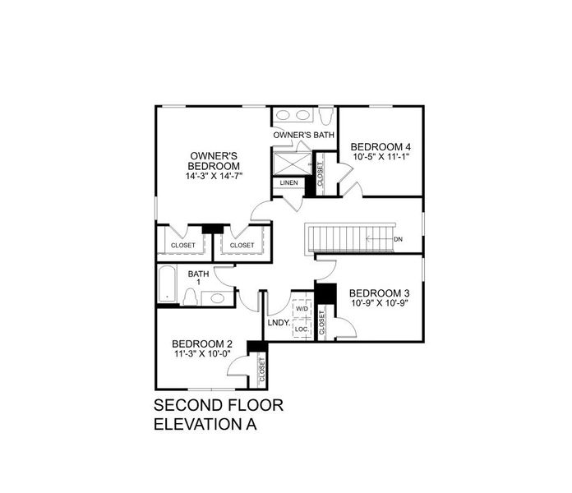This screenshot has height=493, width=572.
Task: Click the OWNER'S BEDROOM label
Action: pyautogui.click(x=214, y=160)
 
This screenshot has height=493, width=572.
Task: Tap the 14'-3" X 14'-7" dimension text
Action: pyautogui.click(x=214, y=176)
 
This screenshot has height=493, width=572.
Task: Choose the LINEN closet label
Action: pyautogui.click(x=288, y=182)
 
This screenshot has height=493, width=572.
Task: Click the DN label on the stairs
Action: pyautogui.click(x=398, y=239)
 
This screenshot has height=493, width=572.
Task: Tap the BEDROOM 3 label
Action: pyautogui.click(x=379, y=293)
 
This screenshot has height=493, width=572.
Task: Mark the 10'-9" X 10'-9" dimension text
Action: pyautogui.click(x=379, y=303)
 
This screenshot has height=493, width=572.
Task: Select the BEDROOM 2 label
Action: pyautogui.click(x=202, y=344)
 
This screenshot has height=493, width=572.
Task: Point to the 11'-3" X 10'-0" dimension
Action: pyautogui.click(x=202, y=355)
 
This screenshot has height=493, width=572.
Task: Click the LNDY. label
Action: pyautogui.click(x=279, y=323)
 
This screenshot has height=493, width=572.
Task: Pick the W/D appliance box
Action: pyautogui.click(x=301, y=310)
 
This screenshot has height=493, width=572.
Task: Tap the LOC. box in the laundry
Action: pyautogui.click(x=301, y=329)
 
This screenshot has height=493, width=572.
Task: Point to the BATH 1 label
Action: pyautogui.click(x=197, y=277)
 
